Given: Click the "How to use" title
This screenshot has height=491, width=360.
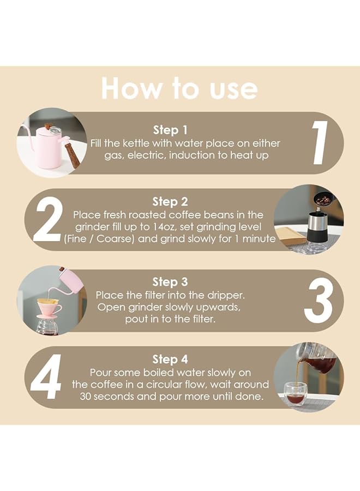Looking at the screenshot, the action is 179,88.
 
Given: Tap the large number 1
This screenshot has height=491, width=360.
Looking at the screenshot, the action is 320,143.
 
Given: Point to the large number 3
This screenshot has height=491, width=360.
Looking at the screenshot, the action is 318,301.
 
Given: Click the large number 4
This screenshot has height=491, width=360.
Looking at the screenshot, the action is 46,377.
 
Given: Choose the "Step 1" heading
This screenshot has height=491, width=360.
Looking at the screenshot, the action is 170,130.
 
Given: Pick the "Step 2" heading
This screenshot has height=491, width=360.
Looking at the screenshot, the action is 170,202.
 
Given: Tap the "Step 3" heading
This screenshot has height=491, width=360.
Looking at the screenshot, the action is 170,282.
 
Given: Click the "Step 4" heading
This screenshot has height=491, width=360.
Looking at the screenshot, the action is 170,359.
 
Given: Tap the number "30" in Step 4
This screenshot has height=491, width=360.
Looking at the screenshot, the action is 85,397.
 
